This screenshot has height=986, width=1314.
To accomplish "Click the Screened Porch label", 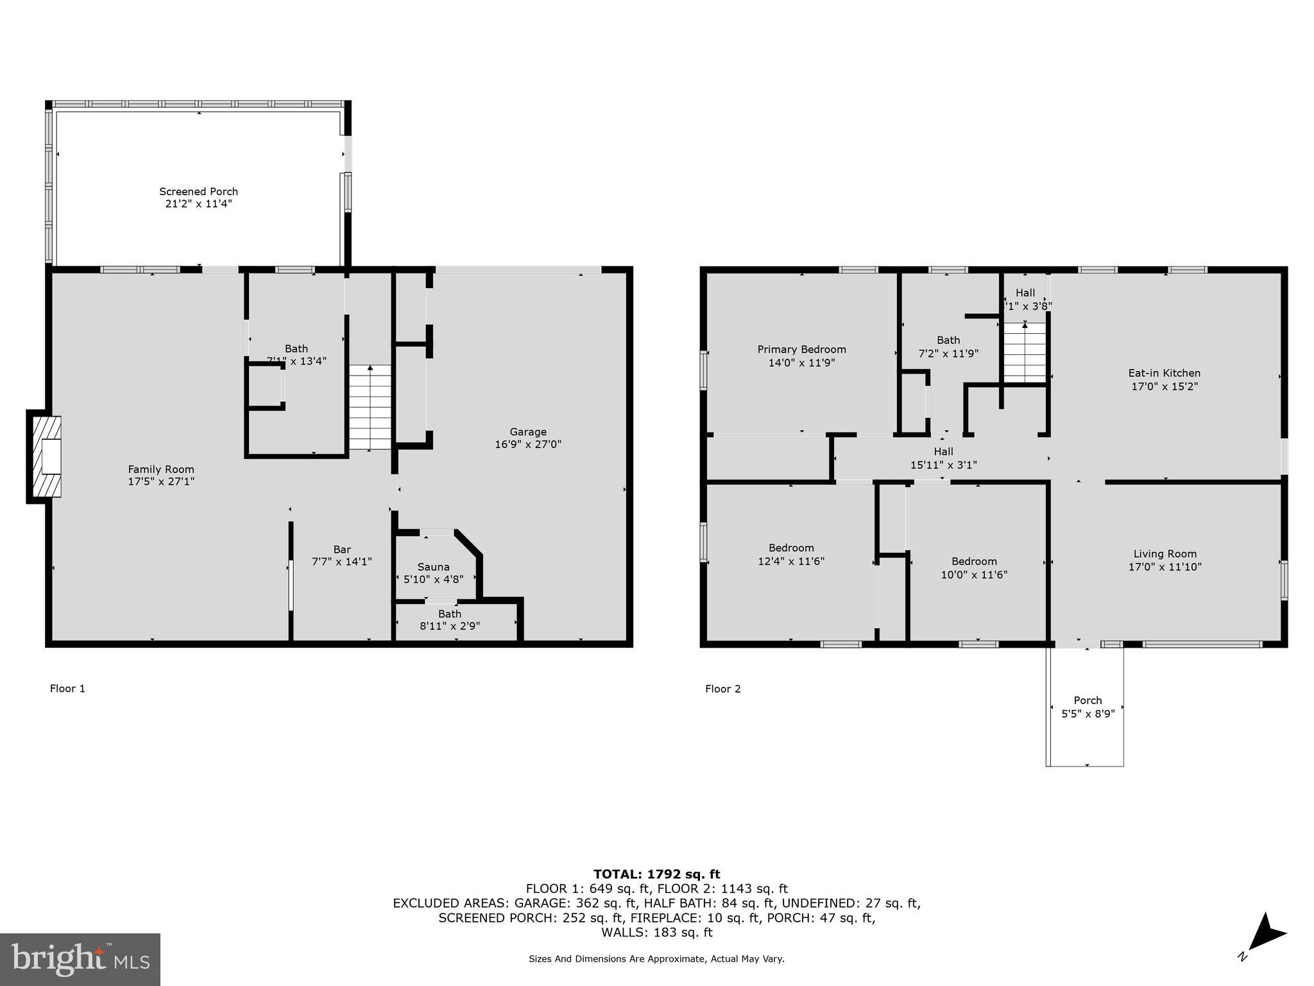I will click(198, 191).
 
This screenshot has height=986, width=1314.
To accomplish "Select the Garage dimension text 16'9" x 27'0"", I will click(527, 444).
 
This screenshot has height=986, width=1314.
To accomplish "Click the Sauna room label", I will click(433, 567).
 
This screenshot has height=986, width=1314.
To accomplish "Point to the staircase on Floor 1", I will click(370, 408).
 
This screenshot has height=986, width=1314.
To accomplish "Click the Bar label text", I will click(341, 549).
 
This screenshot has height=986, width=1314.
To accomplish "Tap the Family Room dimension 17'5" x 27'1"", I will click(161, 481).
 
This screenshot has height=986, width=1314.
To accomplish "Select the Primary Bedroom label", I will click(801, 349).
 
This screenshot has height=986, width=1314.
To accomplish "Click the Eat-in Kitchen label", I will click(1164, 373).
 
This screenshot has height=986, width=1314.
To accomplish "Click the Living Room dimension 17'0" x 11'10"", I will click(1165, 567).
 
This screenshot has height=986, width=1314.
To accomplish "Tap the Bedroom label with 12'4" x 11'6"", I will click(791, 548).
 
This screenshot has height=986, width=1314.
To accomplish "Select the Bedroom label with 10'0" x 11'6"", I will click(974, 561).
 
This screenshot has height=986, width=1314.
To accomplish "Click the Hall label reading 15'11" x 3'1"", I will click(943, 458).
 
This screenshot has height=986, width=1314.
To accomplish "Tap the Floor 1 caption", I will click(67, 689).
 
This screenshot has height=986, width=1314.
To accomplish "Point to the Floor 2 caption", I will click(722, 689).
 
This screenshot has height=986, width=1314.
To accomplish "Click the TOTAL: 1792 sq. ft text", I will click(656, 874).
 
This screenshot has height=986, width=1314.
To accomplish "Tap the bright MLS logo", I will click(80, 959).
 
